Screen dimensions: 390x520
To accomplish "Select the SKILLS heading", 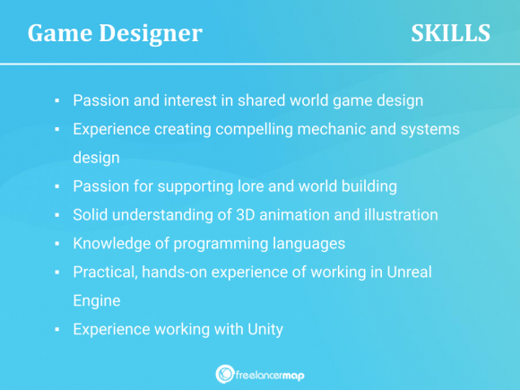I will pos(450,33).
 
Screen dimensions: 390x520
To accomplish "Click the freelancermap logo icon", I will pos(226,374).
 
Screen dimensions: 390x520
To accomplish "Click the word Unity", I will pos(264,329).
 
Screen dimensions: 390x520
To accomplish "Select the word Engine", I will pos(96,300).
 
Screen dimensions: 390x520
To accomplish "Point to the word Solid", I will pos(91,214).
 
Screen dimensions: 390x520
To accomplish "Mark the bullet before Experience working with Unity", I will pos(56,329).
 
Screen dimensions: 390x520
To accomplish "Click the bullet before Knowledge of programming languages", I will pos(56,243).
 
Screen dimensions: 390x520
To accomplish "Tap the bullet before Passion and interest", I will pos(56,100).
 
